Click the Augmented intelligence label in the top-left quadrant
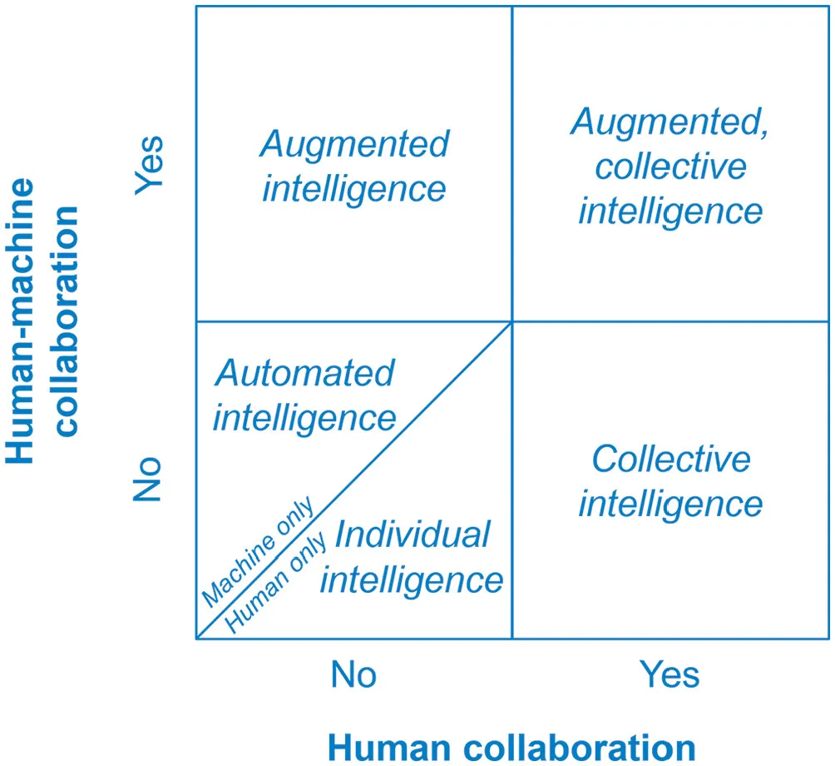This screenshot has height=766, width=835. (x=354, y=166)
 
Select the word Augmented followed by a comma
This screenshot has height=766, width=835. (x=670, y=123)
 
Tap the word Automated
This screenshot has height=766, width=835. (x=304, y=372)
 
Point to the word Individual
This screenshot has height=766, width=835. (x=412, y=534)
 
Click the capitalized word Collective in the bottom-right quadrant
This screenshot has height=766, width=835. (x=670, y=459)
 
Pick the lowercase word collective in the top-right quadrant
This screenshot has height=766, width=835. (x=670, y=166)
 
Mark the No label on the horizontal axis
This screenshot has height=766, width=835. (x=353, y=674)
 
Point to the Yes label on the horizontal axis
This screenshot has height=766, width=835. (x=669, y=674)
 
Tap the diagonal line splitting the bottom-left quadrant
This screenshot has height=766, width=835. (x=432, y=400)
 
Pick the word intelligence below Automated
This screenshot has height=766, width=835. (x=304, y=416)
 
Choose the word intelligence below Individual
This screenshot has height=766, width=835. (x=412, y=579)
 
